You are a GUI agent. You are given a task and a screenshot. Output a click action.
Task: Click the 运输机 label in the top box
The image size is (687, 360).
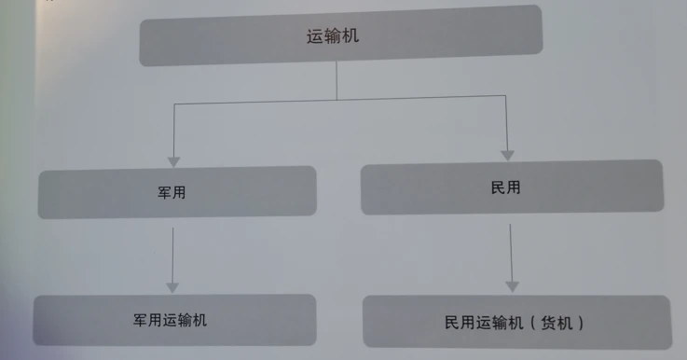333,36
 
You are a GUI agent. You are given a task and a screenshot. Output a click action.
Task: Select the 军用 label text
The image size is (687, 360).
172,192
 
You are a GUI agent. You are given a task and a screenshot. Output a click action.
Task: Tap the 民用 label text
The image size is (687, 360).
505,187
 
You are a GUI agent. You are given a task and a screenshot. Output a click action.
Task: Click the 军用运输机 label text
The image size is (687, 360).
170,320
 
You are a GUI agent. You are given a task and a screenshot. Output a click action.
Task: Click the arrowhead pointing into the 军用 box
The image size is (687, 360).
174,161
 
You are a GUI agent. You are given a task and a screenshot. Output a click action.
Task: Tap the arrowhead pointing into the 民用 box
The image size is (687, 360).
507,156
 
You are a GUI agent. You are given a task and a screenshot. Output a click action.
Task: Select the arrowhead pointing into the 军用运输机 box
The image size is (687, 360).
172,287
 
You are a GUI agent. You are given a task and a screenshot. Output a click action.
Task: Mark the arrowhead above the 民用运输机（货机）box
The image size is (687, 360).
512,286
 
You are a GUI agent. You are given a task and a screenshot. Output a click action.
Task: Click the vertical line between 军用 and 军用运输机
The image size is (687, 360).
172,256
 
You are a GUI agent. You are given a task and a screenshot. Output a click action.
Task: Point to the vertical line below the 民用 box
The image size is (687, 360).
511,253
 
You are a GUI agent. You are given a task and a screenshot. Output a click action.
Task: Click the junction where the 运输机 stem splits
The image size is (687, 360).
337,100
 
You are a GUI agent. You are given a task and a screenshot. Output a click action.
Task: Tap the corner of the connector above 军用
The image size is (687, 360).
174,104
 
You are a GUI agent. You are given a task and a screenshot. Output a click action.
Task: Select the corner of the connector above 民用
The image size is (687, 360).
505,95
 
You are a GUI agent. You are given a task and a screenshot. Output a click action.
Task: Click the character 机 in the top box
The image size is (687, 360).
350,36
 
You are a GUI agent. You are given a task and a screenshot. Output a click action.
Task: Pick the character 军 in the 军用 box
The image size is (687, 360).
164,192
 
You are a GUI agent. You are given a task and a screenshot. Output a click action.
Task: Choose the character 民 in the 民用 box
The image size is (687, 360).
498,187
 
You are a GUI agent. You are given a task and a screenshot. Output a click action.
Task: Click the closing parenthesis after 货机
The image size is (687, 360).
581,324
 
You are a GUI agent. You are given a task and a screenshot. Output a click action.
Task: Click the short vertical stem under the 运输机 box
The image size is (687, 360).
337,80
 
